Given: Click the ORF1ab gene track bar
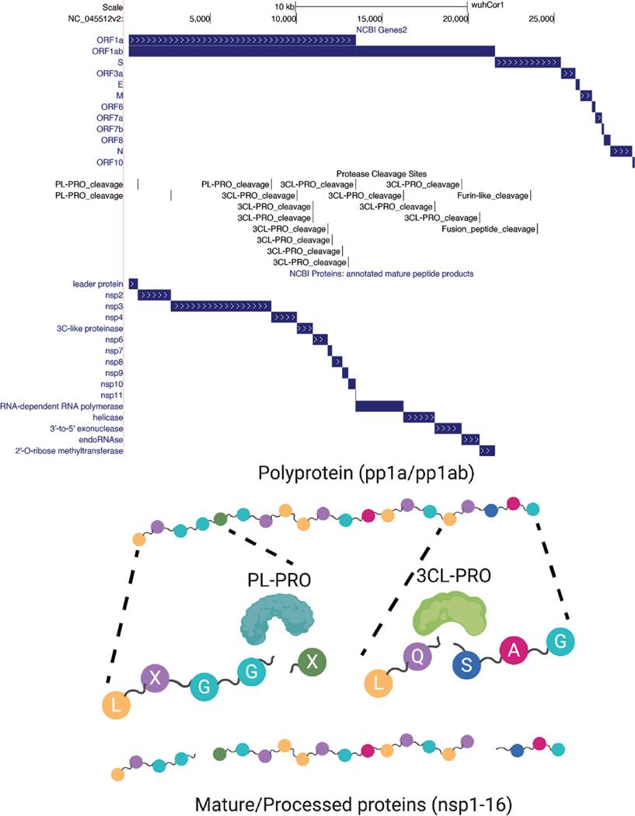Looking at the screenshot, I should point(311,51).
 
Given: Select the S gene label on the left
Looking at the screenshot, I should point(120,61).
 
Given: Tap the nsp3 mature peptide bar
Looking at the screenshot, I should point(221,306).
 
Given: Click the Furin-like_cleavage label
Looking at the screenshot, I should point(493,196).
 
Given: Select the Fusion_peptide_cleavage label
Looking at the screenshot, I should point(488,229).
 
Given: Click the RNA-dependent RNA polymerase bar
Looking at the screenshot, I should point(379,406).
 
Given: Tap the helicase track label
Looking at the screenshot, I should point(109,417).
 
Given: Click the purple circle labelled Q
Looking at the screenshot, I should point(417,654).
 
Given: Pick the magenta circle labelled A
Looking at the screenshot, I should point(513,650).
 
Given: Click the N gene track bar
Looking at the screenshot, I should point(622,151).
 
